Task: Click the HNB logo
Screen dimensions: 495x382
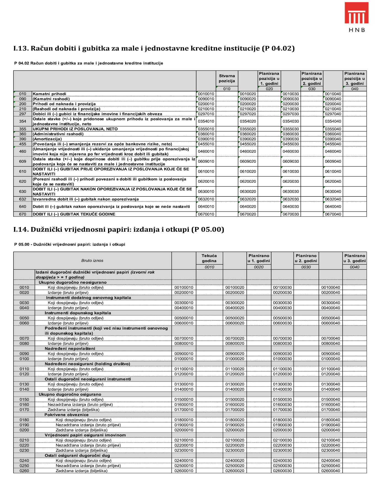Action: pyautogui.click(x=356, y=17)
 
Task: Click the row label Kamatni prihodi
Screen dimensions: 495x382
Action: pyautogui.click(x=49, y=94)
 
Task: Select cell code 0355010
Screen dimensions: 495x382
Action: pyautogui.click(x=206, y=129)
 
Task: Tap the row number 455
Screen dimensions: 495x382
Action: pyautogui.click(x=23, y=144)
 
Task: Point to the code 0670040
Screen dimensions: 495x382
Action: pyautogui.click(x=333, y=214)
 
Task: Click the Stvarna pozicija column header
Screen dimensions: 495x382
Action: pyautogui.click(x=227, y=79)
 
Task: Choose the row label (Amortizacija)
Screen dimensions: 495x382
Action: pyautogui.click(x=47, y=139)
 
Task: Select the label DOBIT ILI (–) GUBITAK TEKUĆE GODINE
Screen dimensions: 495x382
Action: pyautogui.click(x=74, y=214)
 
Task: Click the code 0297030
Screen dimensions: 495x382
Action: pyautogui.click(x=291, y=114)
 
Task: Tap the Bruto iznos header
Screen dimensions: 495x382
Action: pyautogui.click(x=92, y=261)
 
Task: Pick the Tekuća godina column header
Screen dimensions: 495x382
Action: pyautogui.click(x=209, y=258)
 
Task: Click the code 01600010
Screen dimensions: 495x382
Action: pyautogui.click(x=184, y=405)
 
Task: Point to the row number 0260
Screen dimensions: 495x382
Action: pyautogui.click(x=24, y=471)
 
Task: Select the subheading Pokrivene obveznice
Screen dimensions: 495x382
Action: pyautogui.click(x=67, y=415)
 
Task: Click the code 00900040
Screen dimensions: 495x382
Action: pyautogui.click(x=331, y=354)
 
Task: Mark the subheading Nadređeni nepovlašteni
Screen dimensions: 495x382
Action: pyautogui.click(x=70, y=348)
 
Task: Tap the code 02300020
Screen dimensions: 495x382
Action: pyautogui.click(x=235, y=450)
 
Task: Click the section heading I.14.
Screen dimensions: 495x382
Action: pyautogui.click(x=119, y=229)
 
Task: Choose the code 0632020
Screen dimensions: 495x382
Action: pyautogui.click(x=248, y=199)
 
